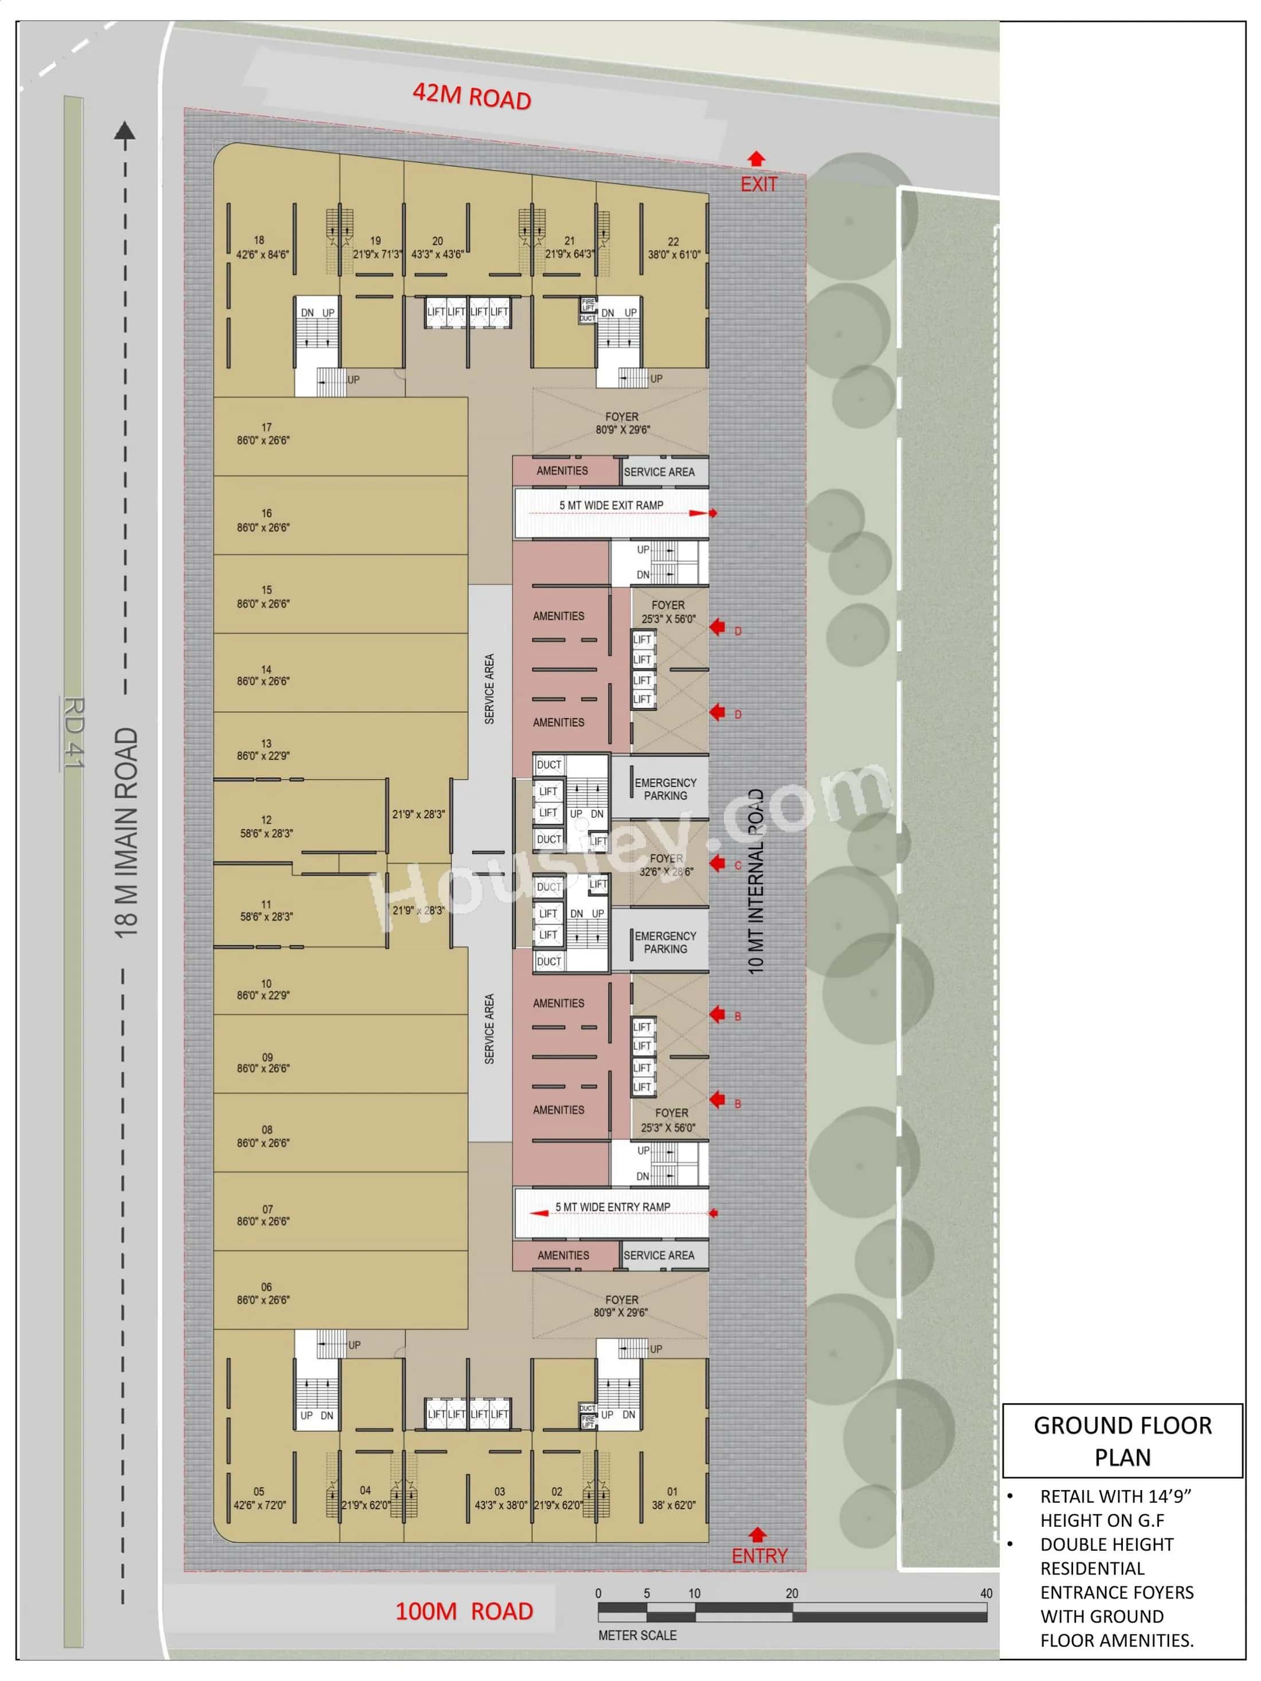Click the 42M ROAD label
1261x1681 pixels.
tap(471, 97)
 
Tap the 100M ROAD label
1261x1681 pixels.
tap(464, 1611)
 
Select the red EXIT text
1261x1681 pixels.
tap(758, 184)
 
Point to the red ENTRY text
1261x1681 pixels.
tap(758, 1555)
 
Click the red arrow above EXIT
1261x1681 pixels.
tap(755, 159)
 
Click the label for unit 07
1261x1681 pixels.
tap(264, 1215)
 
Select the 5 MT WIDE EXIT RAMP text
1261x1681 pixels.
tap(611, 506)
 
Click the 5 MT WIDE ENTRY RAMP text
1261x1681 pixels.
tap(613, 1207)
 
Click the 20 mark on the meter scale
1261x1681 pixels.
tap(792, 1593)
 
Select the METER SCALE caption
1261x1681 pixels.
tap(637, 1635)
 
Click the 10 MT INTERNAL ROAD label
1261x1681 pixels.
tap(755, 881)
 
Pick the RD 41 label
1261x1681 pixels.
tap(74, 734)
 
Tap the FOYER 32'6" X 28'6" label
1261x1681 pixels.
tap(666, 865)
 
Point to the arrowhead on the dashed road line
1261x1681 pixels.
tap(124, 131)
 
